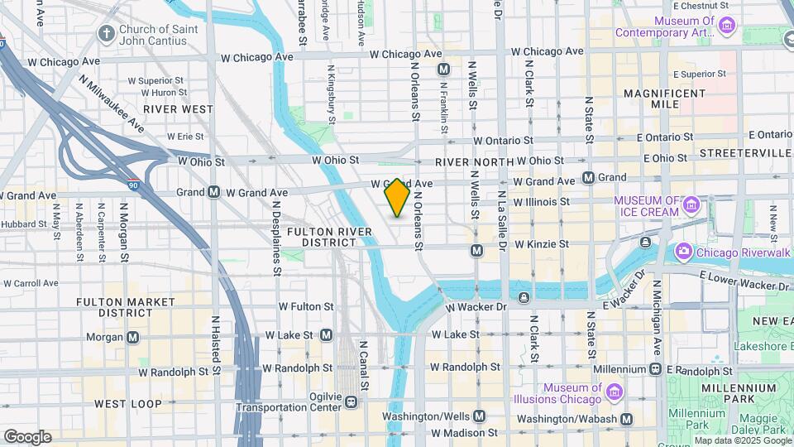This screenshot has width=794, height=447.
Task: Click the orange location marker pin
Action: tap(398, 197)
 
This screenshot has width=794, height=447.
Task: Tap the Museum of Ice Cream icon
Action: tap(693, 203)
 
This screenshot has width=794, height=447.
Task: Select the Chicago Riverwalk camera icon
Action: tap(683, 250)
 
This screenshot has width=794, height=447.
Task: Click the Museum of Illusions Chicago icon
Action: tap(613, 391)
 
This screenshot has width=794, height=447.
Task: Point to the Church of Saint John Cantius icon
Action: tap(105, 34)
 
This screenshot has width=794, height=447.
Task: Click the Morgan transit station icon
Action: tap(133, 337)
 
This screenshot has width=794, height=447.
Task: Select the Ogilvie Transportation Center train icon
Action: tap(352, 401)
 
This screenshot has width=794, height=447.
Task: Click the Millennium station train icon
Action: tap(655, 368)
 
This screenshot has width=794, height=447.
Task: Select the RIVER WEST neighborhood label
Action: tap(178, 108)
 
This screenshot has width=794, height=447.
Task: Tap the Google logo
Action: tap(27, 437)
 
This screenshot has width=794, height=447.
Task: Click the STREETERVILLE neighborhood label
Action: tap(745, 153)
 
